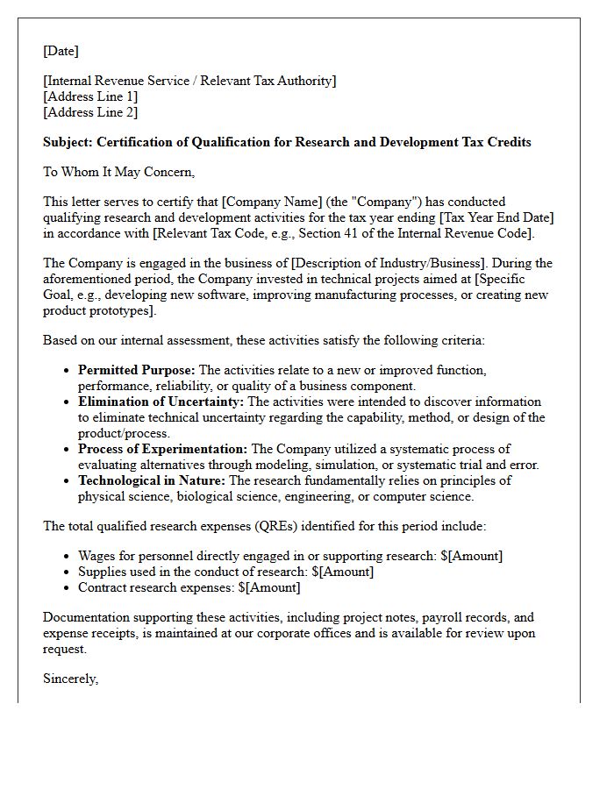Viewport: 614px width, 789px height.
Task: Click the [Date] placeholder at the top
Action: tap(61, 51)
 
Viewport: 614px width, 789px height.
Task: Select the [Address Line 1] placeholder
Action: tap(90, 96)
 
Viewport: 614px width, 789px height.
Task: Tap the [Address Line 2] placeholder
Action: tap(90, 112)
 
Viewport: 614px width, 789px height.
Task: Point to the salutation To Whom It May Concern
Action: tap(118, 172)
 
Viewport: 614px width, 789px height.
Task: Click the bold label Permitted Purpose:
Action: tap(137, 370)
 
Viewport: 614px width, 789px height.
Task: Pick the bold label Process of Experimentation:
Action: tap(162, 449)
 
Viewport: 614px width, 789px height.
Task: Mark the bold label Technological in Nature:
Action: tap(152, 480)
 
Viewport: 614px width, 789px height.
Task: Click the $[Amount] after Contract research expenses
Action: tap(269, 587)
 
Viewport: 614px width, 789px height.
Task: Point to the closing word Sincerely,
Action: tap(71, 679)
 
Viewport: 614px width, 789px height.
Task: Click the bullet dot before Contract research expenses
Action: tap(68, 588)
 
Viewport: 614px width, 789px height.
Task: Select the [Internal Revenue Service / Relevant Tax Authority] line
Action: tap(189, 81)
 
